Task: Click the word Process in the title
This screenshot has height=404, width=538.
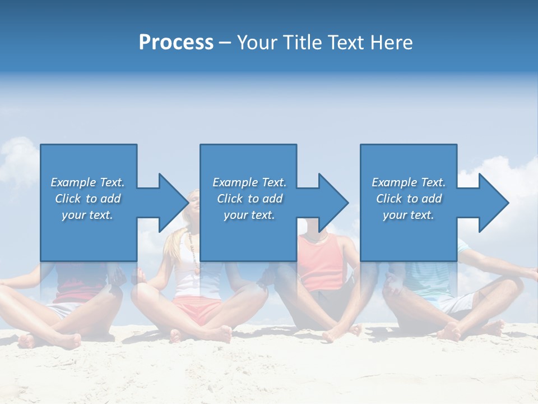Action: (x=176, y=43)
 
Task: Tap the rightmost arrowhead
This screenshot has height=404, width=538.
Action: (x=493, y=203)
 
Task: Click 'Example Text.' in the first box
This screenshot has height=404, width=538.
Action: (x=87, y=182)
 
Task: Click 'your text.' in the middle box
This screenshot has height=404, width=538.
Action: (x=249, y=215)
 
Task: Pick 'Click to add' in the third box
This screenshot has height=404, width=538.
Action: (x=409, y=199)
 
